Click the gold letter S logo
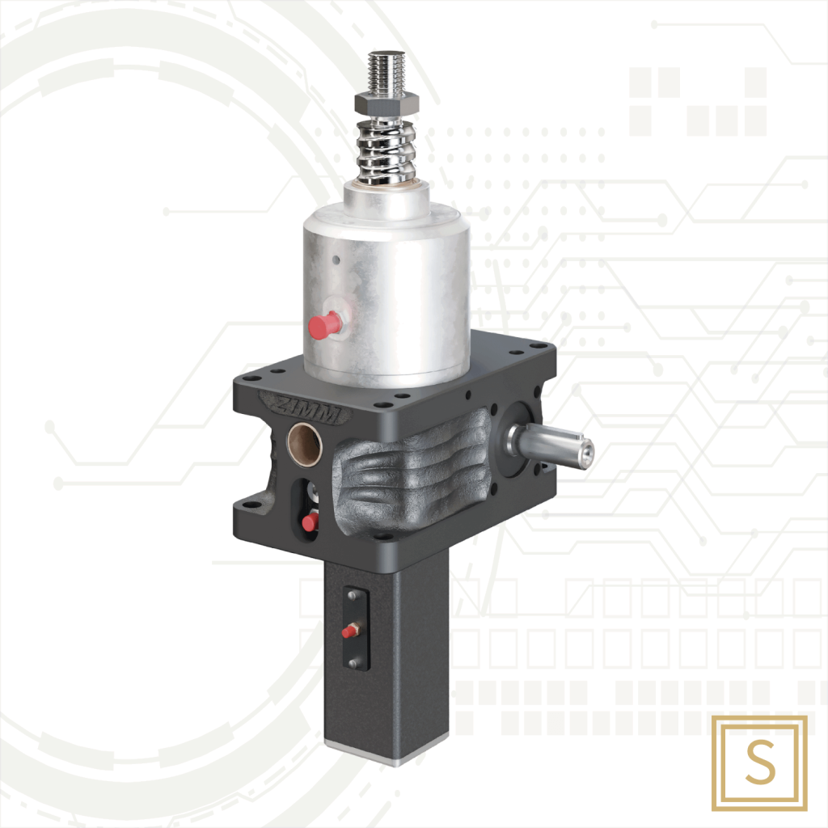tap(759, 763)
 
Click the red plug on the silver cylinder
tap(325, 324)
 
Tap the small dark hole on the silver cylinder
tap(336, 260)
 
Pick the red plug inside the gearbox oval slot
tap(310, 522)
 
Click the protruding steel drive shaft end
tap(581, 450)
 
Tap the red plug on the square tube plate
tap(350, 630)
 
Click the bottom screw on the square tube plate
tap(353, 663)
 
